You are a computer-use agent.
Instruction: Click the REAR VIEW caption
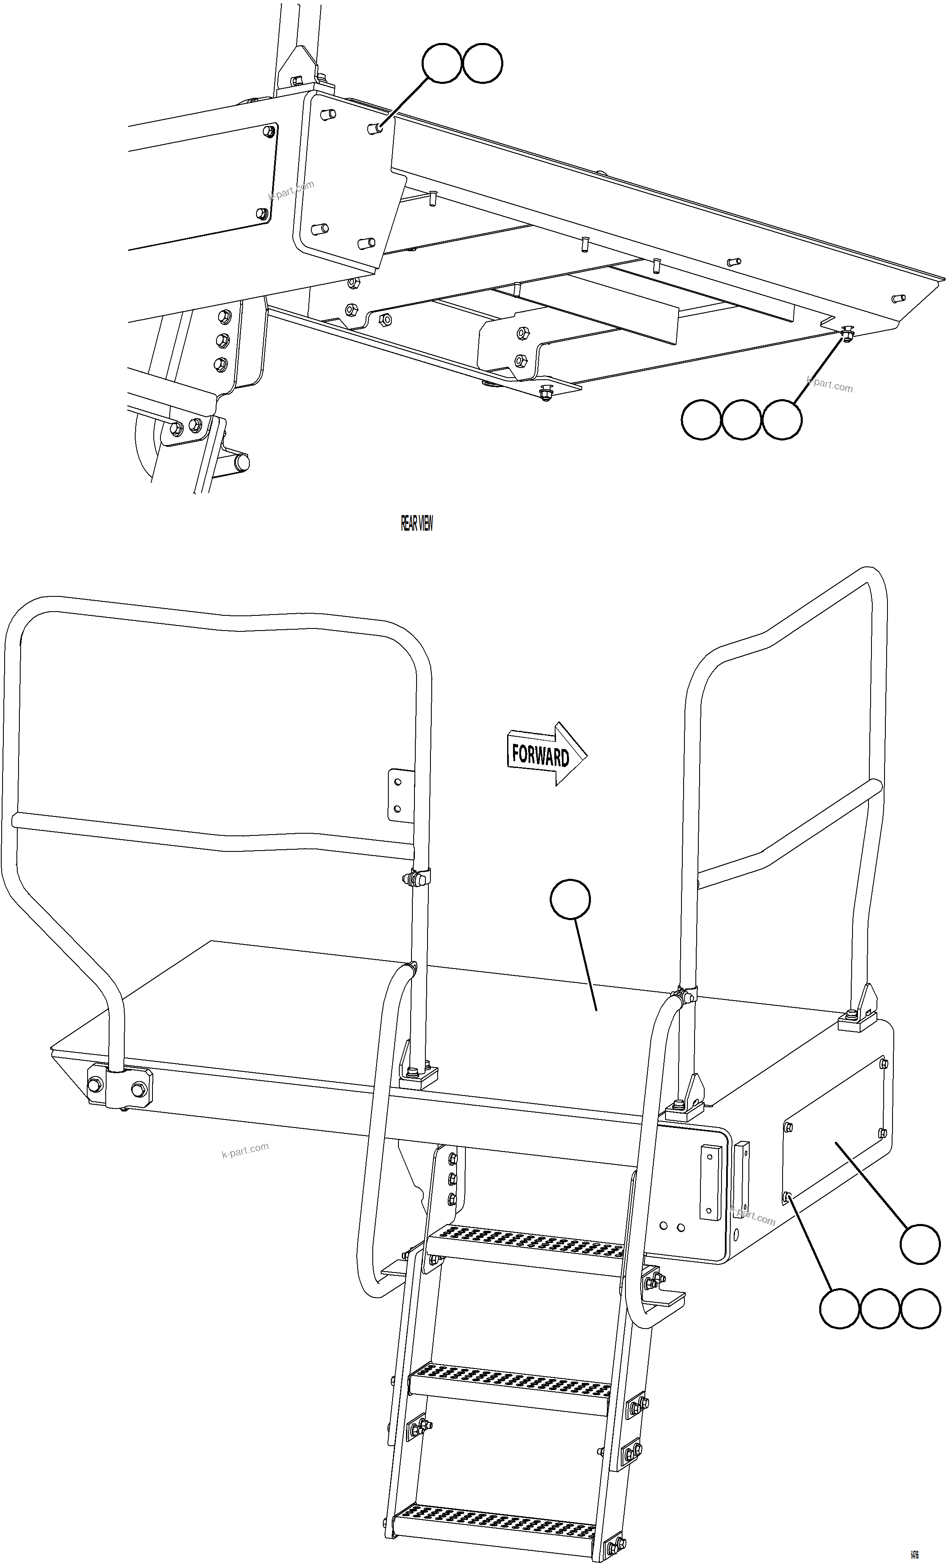point(417,523)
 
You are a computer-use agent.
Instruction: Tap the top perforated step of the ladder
point(526,1241)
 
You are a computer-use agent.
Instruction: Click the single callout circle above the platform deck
point(570,899)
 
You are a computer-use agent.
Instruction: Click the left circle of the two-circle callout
point(441,64)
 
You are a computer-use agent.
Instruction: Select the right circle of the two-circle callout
point(483,64)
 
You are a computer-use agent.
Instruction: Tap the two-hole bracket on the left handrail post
point(398,794)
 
